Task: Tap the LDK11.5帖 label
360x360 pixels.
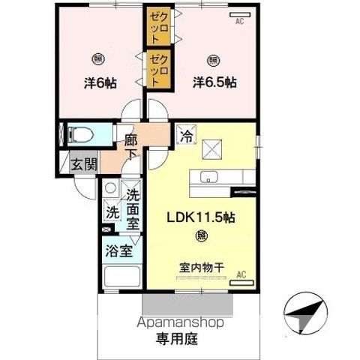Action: [201, 219]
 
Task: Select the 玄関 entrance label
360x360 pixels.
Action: [83, 164]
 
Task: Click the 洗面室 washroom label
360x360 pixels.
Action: [132, 208]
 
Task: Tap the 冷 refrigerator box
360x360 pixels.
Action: [184, 136]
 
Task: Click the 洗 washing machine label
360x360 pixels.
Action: [111, 212]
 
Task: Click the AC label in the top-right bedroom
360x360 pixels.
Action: [240, 21]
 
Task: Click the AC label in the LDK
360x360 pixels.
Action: [241, 275]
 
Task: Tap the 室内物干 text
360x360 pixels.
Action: [201, 267]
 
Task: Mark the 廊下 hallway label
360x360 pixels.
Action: [131, 146]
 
